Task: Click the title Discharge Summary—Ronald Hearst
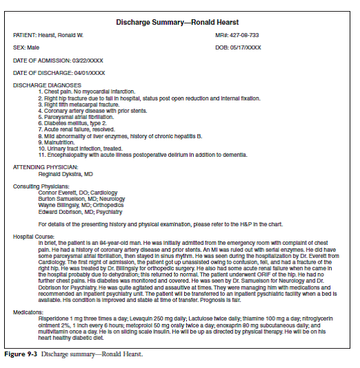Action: (x=180, y=22)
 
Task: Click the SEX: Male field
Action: (x=27, y=47)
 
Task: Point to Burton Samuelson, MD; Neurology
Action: (x=80, y=199)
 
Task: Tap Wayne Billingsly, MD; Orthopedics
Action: (x=81, y=205)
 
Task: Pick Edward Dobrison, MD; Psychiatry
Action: (x=80, y=211)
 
